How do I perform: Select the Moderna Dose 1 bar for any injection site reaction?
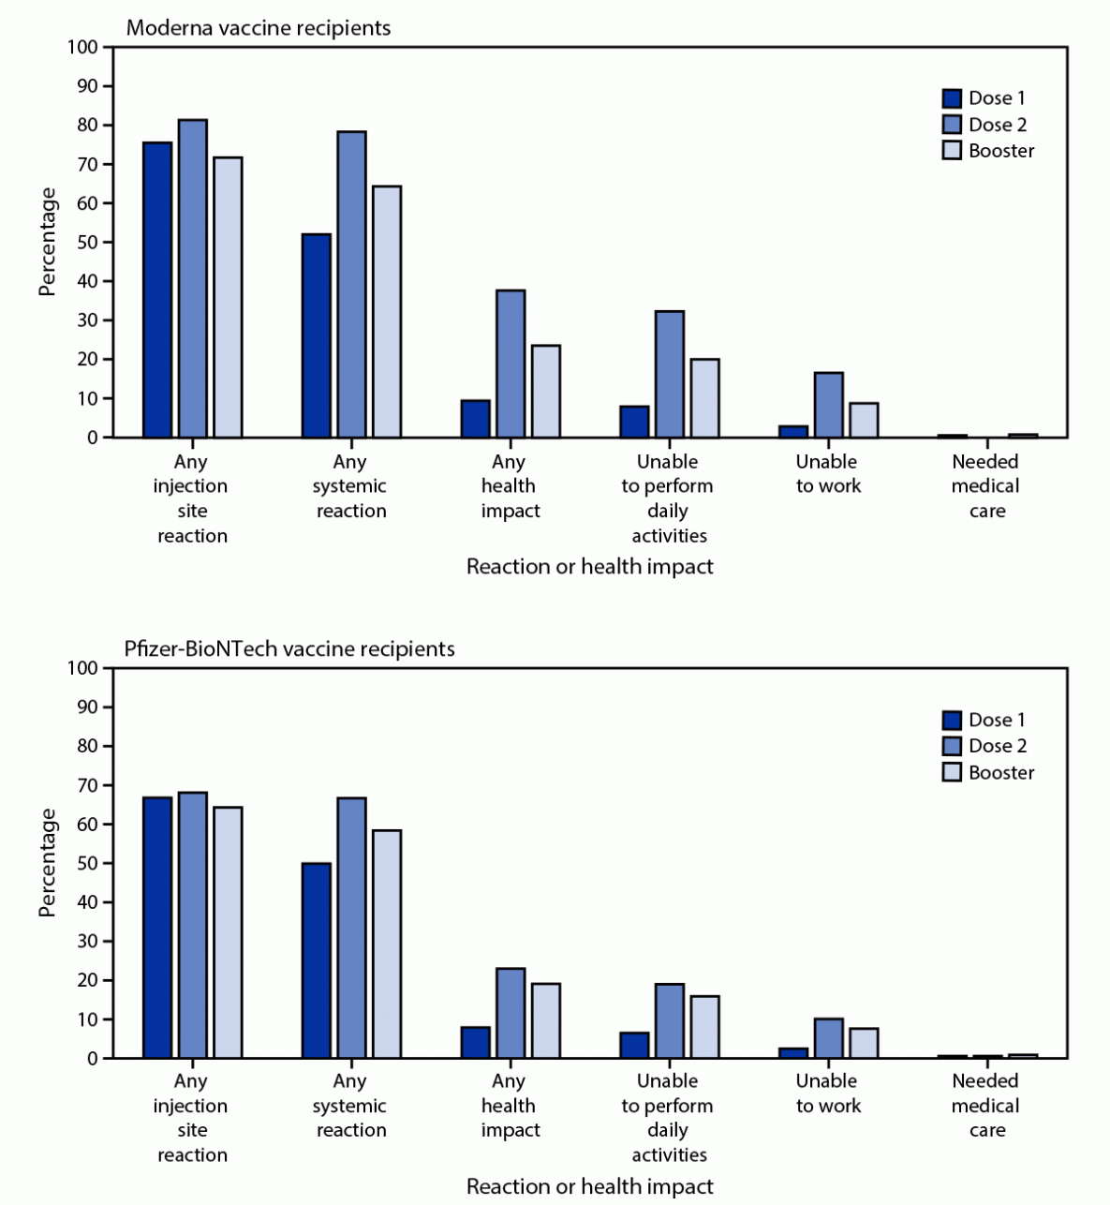click(157, 290)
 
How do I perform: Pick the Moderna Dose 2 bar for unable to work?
click(828, 405)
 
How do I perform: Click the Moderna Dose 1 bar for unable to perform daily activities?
click(634, 422)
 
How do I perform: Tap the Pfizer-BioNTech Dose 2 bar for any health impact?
click(511, 1013)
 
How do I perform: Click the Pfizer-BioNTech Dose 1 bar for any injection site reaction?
click(157, 928)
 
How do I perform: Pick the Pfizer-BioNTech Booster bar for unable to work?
click(864, 1043)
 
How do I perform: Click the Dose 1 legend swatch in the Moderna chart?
click(952, 98)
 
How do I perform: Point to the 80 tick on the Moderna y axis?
click(88, 126)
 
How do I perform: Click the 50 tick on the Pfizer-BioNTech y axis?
click(88, 863)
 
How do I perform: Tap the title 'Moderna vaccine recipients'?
click(259, 28)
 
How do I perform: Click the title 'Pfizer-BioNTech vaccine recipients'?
click(290, 648)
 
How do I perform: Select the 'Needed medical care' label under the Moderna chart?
click(985, 485)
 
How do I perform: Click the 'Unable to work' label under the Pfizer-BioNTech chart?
click(827, 1093)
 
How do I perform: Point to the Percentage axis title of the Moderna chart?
click(47, 242)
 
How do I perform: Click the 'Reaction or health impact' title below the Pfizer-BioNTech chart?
click(590, 1186)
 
